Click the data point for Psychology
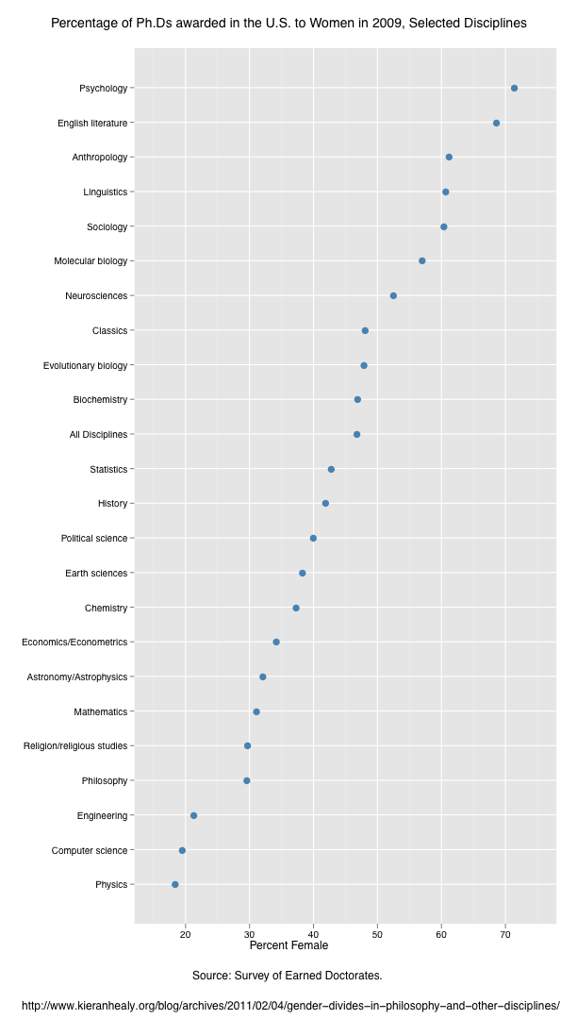pyautogui.click(x=514, y=88)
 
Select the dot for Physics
pyautogui.click(x=174, y=884)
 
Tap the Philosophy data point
pyautogui.click(x=247, y=780)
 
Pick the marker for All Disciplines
pyautogui.click(x=356, y=434)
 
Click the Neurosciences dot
pyautogui.click(x=393, y=295)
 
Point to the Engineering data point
pyautogui.click(x=193, y=815)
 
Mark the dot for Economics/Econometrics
pyautogui.click(x=276, y=642)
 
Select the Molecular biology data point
pyautogui.click(x=421, y=260)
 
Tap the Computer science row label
pyautogui.click(x=89, y=850)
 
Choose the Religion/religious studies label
pyautogui.click(x=74, y=746)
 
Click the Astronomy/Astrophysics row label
pyautogui.click(x=76, y=677)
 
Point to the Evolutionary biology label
pyautogui.click(x=85, y=365)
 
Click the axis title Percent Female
pyautogui.click(x=288, y=945)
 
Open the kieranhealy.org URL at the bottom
pyautogui.click(x=288, y=1005)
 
